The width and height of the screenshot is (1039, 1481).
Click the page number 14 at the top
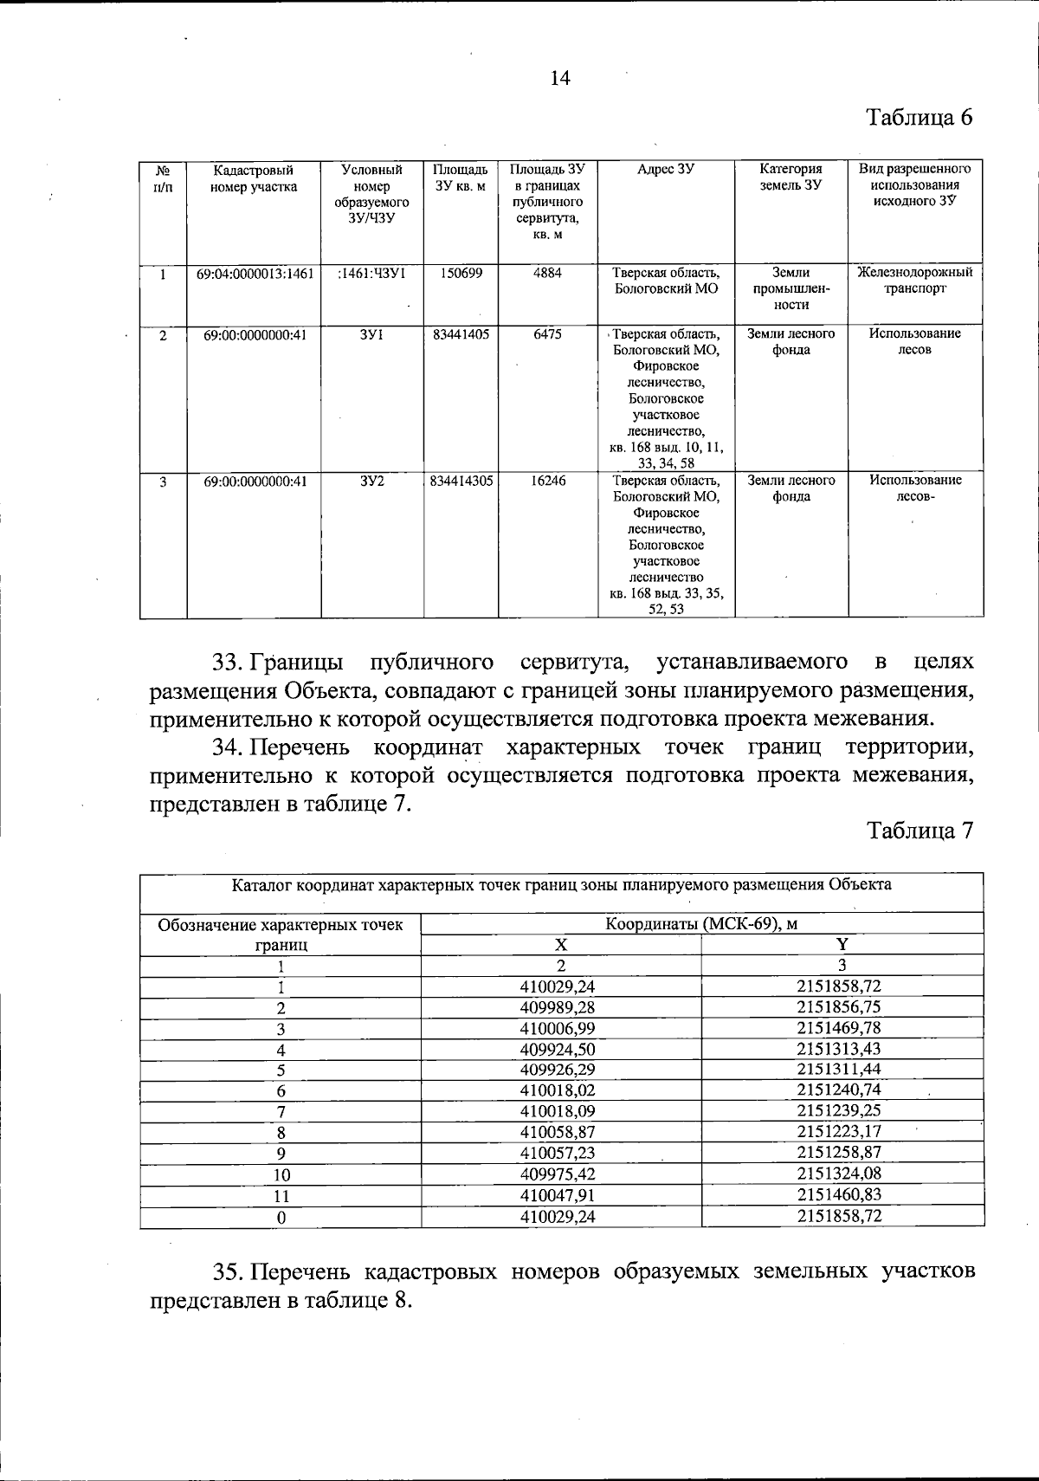coord(560,79)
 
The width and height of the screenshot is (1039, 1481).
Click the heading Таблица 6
coord(920,118)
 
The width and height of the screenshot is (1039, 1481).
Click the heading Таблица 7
coord(920,831)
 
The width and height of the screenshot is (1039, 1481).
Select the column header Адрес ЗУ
coord(665,170)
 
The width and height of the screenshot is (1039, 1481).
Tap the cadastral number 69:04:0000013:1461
coord(254,273)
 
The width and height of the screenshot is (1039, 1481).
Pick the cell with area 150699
coord(461,273)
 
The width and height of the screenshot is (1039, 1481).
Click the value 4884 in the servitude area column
coord(547,273)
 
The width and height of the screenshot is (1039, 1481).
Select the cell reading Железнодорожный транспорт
coord(914,281)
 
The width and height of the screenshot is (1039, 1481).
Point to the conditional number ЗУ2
coord(371,480)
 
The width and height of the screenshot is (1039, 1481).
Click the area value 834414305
coord(461,480)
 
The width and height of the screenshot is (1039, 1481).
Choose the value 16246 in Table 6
coord(547,480)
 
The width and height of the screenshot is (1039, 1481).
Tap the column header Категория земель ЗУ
coord(791,178)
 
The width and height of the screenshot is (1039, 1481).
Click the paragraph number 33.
coord(229,663)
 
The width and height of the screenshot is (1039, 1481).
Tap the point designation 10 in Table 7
coord(281,1175)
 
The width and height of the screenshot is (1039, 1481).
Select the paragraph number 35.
coord(229,1271)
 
